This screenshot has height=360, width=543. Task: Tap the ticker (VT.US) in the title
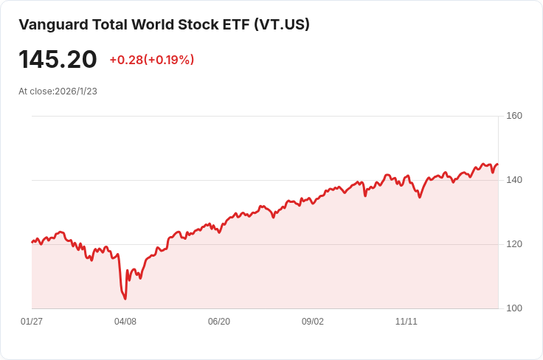(x=282, y=24)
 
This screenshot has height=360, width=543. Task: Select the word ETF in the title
(x=233, y=24)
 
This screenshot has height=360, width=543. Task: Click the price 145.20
(x=58, y=60)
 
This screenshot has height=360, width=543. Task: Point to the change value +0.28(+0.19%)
(x=151, y=60)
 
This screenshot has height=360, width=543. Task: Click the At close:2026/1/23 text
(x=58, y=91)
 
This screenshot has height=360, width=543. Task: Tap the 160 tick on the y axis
(x=514, y=116)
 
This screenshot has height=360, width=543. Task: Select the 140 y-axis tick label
(x=514, y=180)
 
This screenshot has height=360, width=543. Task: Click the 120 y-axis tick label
(x=514, y=244)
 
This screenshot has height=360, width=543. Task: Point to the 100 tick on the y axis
(x=514, y=308)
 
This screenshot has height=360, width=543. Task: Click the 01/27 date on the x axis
(x=32, y=322)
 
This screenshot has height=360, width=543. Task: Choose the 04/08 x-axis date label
(x=125, y=322)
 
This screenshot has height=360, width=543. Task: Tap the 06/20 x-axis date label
(x=219, y=322)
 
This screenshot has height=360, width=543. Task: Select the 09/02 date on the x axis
(x=313, y=322)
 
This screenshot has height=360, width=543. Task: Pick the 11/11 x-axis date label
(x=407, y=322)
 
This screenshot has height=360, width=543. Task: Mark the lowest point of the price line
(x=125, y=299)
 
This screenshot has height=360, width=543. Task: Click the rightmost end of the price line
(x=498, y=165)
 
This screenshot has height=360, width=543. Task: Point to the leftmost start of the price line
(x=32, y=242)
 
